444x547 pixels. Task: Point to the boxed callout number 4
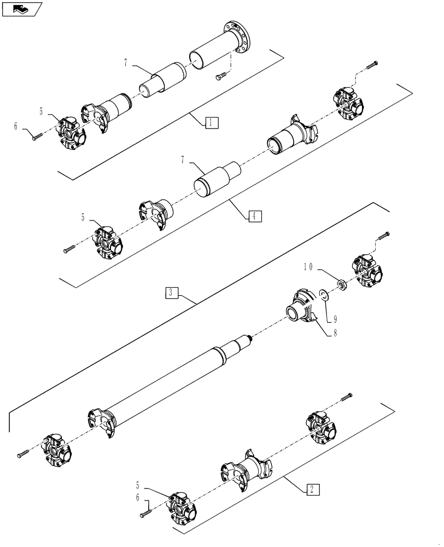pyautogui.click(x=253, y=216)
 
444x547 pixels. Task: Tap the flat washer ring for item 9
pyautogui.click(x=323, y=296)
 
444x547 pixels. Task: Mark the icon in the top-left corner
pyautogui.click(x=22, y=9)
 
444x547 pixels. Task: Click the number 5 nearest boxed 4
pyautogui.click(x=84, y=217)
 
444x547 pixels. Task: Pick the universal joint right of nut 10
pyautogui.click(x=367, y=272)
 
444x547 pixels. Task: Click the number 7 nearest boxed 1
pyautogui.click(x=125, y=63)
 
